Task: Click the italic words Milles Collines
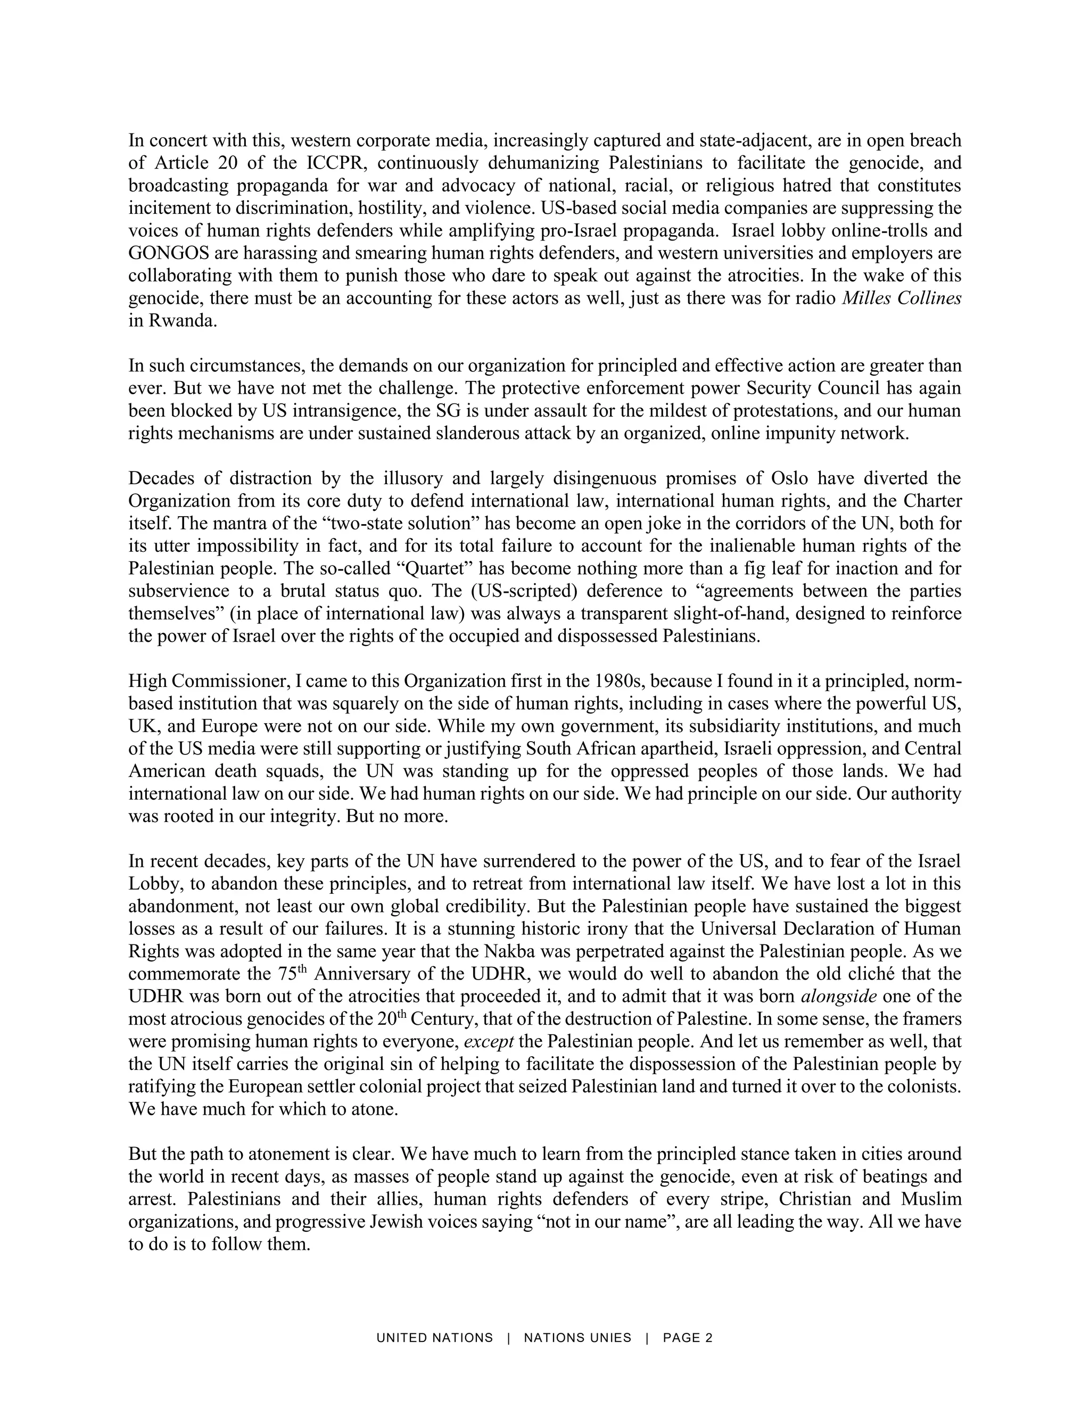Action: click(902, 299)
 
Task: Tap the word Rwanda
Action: click(181, 321)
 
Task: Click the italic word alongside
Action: click(838, 996)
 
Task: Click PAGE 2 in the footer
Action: click(688, 1338)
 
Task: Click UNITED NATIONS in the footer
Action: click(435, 1338)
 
